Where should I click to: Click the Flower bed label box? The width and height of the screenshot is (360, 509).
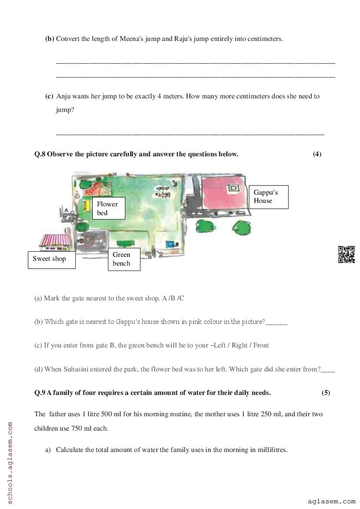pos(108,208)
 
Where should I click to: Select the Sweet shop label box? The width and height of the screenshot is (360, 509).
pos(51,260)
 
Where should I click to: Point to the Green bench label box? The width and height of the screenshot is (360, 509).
pos(124,259)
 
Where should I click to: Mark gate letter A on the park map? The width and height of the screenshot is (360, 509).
pos(66,210)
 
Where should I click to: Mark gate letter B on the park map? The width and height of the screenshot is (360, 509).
pos(150,256)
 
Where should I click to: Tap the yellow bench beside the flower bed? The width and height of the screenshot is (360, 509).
pos(87,205)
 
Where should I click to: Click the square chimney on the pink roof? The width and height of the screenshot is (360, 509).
pos(233,189)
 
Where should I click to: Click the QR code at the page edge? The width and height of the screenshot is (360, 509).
pos(347,255)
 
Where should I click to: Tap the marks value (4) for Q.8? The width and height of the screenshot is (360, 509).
pos(317,154)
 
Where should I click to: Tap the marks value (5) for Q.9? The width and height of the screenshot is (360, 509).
pos(326,393)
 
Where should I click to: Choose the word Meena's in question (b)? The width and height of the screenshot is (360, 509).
pos(125,39)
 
